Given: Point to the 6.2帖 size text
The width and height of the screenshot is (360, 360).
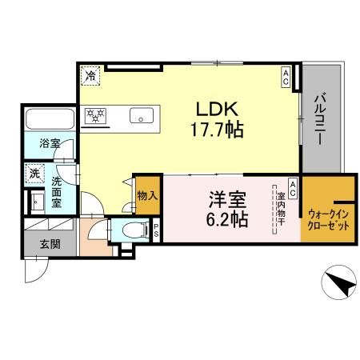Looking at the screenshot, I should coord(228,217).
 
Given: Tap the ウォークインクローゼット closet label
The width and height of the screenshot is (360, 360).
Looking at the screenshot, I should coord(328,219).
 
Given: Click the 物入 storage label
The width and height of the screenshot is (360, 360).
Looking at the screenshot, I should coord(146,195).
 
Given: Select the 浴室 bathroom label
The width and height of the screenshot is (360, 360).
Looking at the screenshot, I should coord(50,145).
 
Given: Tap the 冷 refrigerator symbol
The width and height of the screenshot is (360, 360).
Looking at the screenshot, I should coord(90,76).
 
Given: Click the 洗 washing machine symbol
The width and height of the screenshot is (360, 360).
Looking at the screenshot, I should coord(34,173).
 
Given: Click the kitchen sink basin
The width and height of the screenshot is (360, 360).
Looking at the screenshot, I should coord(144,116).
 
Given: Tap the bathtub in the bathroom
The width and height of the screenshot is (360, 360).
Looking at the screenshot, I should coord(49,121).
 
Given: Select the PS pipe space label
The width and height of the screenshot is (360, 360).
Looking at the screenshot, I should coord(155,230).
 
